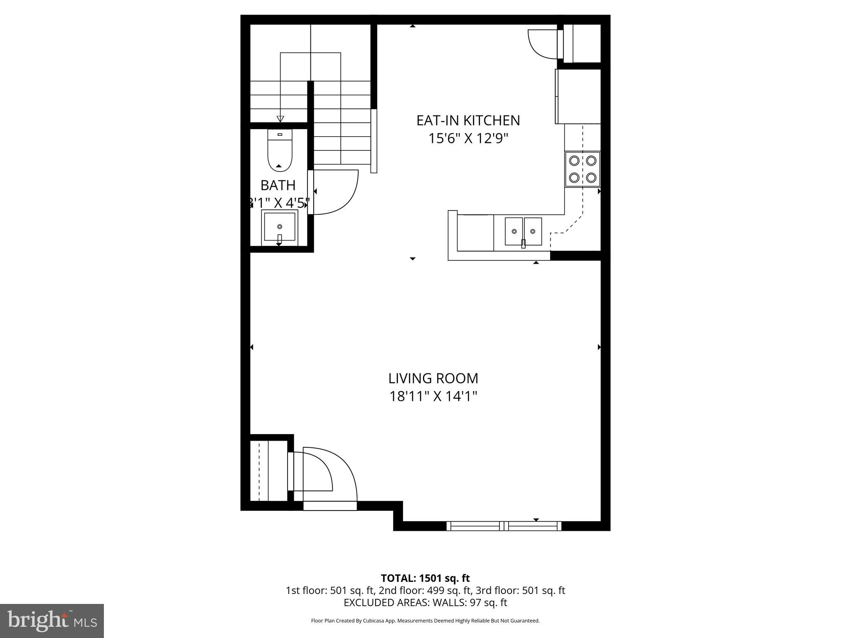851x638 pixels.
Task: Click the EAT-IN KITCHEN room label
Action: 468,120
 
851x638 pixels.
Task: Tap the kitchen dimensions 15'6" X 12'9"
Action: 468,138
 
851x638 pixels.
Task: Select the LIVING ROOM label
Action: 433,378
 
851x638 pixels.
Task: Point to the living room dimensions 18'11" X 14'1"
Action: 433,397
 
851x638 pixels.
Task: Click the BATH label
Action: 278,185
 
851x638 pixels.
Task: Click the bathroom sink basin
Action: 279,227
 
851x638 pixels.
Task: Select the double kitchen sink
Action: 523,231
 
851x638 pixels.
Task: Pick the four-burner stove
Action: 582,169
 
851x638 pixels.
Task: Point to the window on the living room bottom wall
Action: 504,526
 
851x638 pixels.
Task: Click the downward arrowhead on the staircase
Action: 280,119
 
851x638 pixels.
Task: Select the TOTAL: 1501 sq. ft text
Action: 425,578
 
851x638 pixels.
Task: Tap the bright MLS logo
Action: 52,621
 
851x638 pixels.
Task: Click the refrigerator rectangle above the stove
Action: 578,96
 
